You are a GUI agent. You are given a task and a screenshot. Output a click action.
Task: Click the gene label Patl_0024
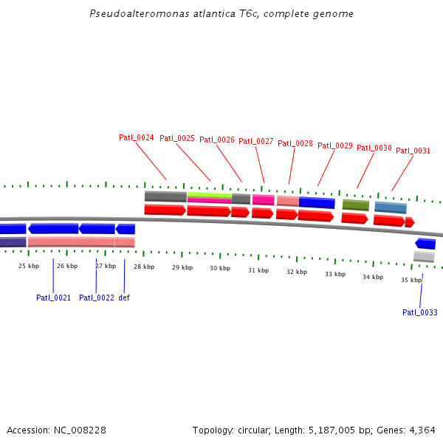[x=136, y=138]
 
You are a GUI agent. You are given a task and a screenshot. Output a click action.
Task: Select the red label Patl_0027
[x=256, y=142]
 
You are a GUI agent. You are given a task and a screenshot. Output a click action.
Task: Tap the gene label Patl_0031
[x=413, y=151]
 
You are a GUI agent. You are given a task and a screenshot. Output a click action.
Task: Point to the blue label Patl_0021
[x=53, y=298]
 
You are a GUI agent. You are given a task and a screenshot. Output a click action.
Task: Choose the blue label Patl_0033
[x=419, y=312]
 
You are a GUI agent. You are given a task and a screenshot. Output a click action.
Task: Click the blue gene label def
[x=124, y=298]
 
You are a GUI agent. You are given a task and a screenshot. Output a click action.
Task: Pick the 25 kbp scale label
[x=29, y=266]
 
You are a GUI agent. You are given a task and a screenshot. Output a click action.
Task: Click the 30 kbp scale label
[x=219, y=269]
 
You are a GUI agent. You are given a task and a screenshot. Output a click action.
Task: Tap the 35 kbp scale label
[x=411, y=281]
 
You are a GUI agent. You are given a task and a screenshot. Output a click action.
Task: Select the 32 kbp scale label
[x=297, y=272]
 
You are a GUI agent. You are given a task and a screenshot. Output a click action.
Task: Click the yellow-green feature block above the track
[x=210, y=195]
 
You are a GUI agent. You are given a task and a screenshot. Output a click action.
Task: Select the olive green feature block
[x=355, y=205]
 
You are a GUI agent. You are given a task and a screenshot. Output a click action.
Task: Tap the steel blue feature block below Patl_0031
[x=390, y=207]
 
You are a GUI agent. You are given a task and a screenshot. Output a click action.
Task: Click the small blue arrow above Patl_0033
[x=425, y=244]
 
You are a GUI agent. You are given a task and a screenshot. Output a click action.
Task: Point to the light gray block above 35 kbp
[x=424, y=256]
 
